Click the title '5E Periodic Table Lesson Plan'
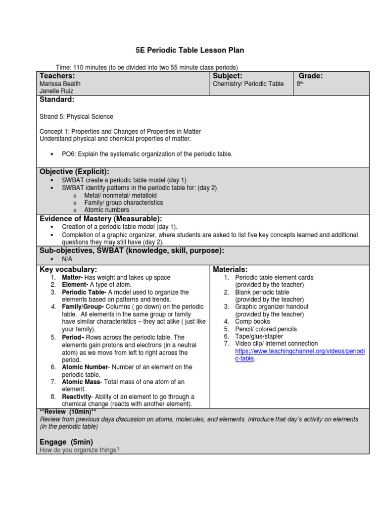pos(190,51)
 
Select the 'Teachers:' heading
pos(57,76)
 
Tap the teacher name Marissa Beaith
pos(60,84)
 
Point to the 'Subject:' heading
pos(227,76)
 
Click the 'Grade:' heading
pos(311,76)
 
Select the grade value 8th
pos(299,84)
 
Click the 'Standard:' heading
pos(57,100)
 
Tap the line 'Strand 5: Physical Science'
pos(76,117)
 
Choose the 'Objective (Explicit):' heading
pos(74,171)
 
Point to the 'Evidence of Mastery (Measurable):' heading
pos(100,219)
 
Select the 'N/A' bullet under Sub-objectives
pos(67,259)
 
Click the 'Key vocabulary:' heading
pos(68,269)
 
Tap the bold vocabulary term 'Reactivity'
pos(76,397)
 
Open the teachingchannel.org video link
pos(299,351)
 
